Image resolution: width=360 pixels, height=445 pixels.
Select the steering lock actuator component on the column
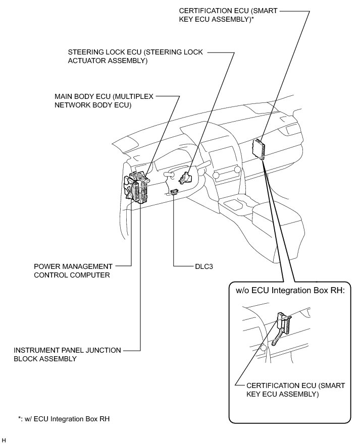[185, 177]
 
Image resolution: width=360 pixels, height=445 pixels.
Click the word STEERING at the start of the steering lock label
[85, 52]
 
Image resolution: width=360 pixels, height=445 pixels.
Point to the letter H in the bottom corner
[4, 440]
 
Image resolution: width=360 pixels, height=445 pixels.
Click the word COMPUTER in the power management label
[89, 275]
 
